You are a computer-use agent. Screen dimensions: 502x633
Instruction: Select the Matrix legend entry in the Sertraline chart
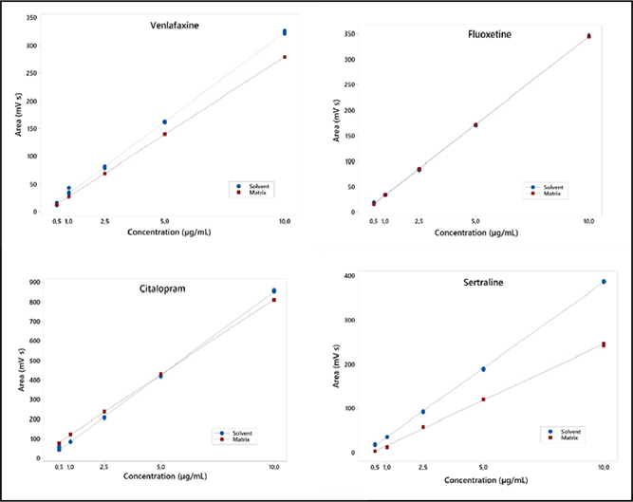[x=566, y=437]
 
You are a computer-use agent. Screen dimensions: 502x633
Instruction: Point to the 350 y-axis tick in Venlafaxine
[x=31, y=18]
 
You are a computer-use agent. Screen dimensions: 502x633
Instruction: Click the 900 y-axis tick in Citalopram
[x=33, y=282]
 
